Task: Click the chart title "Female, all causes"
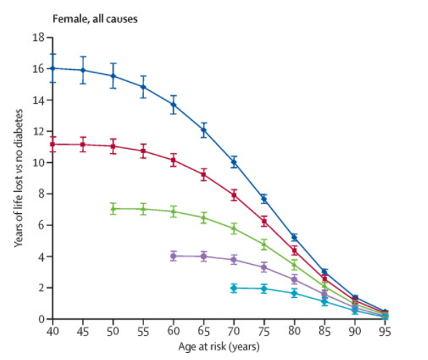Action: tap(95, 18)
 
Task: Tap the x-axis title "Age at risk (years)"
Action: tap(218, 347)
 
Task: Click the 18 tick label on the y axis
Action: tap(40, 37)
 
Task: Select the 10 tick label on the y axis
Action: tap(40, 162)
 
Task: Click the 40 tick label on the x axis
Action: tap(52, 331)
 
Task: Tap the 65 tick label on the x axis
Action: tap(204, 331)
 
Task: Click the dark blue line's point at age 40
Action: tap(52, 68)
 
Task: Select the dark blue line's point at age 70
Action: tap(234, 162)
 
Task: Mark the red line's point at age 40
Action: tap(52, 144)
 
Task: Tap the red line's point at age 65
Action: tap(204, 174)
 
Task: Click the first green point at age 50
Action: tap(113, 208)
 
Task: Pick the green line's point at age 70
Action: tap(234, 228)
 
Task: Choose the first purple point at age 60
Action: tap(174, 256)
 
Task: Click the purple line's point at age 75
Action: tap(264, 267)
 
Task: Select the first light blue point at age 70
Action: tap(234, 287)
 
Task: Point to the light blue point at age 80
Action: tap(295, 292)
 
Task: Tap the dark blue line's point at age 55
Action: tap(143, 87)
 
